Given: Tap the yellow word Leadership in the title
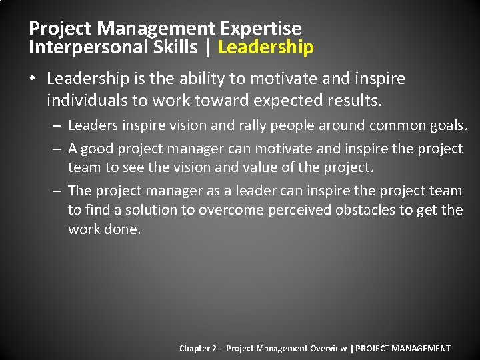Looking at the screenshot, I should (x=265, y=47).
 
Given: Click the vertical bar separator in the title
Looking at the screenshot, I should (x=210, y=47).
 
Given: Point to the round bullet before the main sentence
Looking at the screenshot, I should (x=33, y=79).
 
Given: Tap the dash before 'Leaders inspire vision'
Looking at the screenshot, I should (x=58, y=126).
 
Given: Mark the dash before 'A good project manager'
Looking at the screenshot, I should (x=58, y=149).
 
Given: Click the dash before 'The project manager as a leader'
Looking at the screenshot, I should (x=58, y=191).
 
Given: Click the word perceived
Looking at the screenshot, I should (x=299, y=211).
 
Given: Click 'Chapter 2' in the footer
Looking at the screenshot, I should (x=198, y=349).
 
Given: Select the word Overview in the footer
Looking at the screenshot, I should (x=328, y=349).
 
